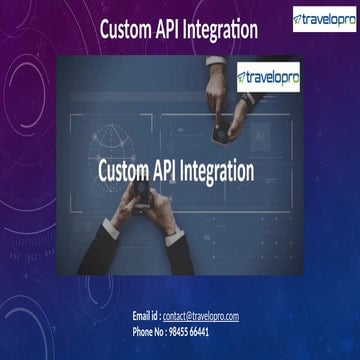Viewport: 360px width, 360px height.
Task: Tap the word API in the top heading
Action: click(175, 31)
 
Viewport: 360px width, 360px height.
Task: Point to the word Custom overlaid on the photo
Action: click(127, 170)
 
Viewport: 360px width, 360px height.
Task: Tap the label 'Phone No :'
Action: click(153, 330)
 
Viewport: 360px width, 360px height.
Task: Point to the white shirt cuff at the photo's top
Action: click(216, 62)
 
